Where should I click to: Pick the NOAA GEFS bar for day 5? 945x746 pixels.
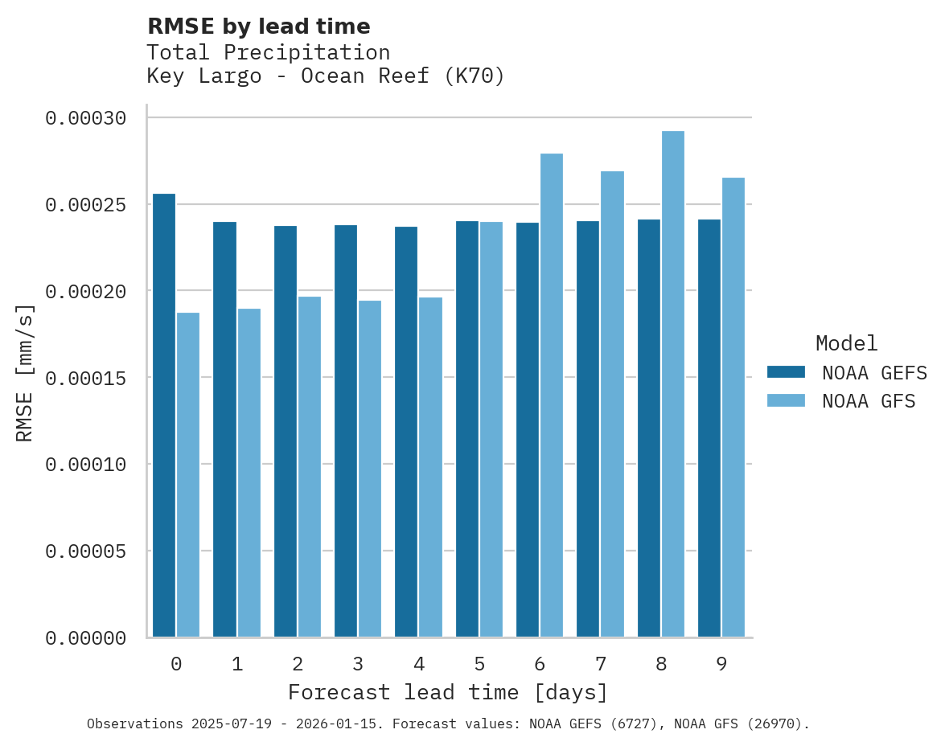(467, 429)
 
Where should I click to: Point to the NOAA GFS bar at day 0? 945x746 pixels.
(188, 475)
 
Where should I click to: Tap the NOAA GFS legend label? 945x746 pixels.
(869, 401)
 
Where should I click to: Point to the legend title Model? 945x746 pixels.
(846, 343)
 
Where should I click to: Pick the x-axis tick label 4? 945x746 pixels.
(418, 664)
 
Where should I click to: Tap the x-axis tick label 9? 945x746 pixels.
(721, 664)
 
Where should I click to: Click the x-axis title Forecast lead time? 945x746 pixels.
(448, 692)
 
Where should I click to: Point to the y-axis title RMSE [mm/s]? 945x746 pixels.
(25, 373)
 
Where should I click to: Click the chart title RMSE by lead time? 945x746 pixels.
(259, 27)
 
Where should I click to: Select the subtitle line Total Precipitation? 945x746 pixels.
(269, 52)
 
